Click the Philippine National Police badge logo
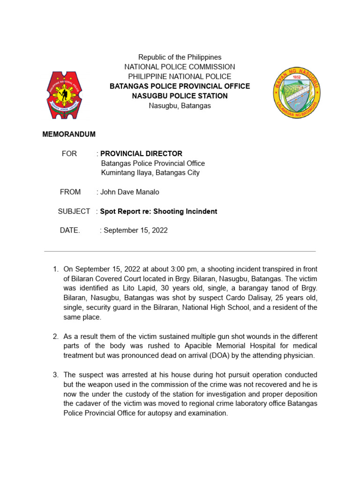(64, 95)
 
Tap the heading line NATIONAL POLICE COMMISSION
(180, 67)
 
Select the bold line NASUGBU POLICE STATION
(180, 96)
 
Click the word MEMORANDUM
(69, 135)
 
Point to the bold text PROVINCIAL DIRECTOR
(141, 154)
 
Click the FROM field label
(70, 192)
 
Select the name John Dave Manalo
(130, 192)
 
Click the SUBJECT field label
(74, 211)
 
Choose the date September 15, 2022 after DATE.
(135, 231)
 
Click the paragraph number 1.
(55, 269)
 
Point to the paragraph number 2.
(55, 337)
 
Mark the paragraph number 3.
(55, 375)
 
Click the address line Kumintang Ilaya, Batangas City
(150, 173)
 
